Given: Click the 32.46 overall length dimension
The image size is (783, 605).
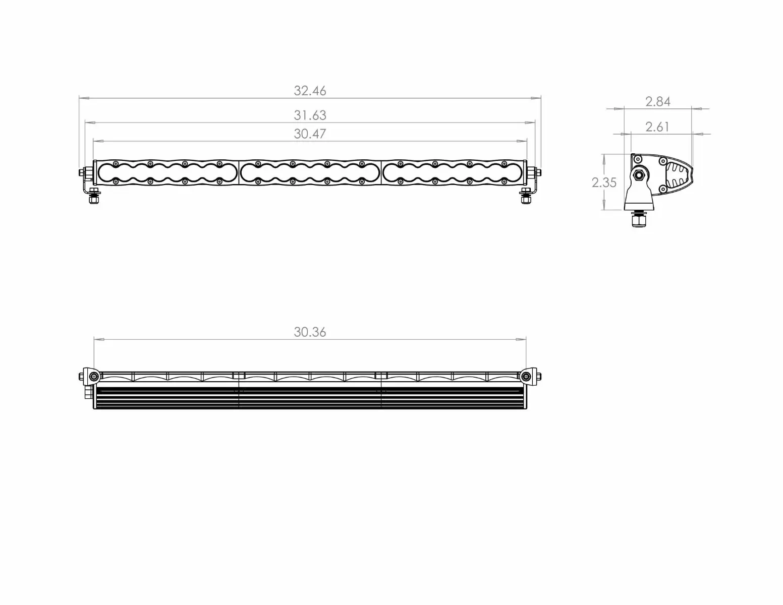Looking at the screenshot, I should click(x=310, y=91).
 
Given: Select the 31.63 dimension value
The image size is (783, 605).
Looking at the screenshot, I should click(x=310, y=115).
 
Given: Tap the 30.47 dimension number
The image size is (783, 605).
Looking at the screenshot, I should click(x=310, y=134).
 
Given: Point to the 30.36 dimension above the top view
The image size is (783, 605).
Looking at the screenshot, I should click(x=310, y=332).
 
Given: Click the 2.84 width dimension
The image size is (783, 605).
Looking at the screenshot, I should click(x=658, y=102).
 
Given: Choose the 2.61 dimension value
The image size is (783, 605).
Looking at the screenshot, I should click(x=657, y=127).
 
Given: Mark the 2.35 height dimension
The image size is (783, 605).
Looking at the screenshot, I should click(x=604, y=183).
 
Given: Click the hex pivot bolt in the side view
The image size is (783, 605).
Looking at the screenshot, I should click(x=639, y=175).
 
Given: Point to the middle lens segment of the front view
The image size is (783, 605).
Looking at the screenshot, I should click(x=310, y=173).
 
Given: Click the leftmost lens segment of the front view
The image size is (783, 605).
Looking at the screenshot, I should click(x=167, y=173).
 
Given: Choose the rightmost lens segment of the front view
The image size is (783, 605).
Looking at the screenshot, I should click(x=453, y=173).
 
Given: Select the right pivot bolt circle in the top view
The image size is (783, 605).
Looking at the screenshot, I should click(x=526, y=377).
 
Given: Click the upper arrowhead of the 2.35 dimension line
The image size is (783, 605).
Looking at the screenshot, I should click(x=604, y=158).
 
